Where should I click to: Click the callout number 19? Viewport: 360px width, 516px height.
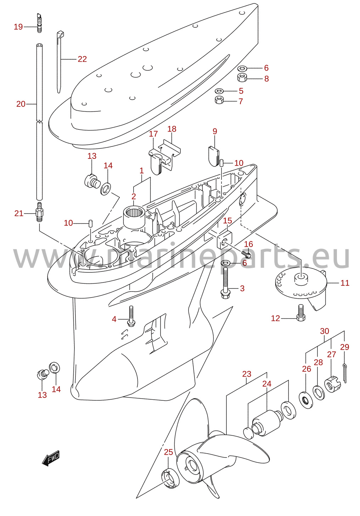18,27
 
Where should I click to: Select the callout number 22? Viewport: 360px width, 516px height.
82,59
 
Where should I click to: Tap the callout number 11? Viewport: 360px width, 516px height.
345,283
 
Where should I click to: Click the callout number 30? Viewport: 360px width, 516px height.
325,331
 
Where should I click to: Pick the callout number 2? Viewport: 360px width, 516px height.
134,196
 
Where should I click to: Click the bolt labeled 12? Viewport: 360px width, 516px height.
301,312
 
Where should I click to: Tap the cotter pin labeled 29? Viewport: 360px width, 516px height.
344,373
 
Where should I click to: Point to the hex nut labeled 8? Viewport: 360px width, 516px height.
242,77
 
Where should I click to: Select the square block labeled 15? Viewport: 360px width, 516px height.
224,240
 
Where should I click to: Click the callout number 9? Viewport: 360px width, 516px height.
214,131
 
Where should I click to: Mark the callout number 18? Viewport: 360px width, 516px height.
172,129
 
